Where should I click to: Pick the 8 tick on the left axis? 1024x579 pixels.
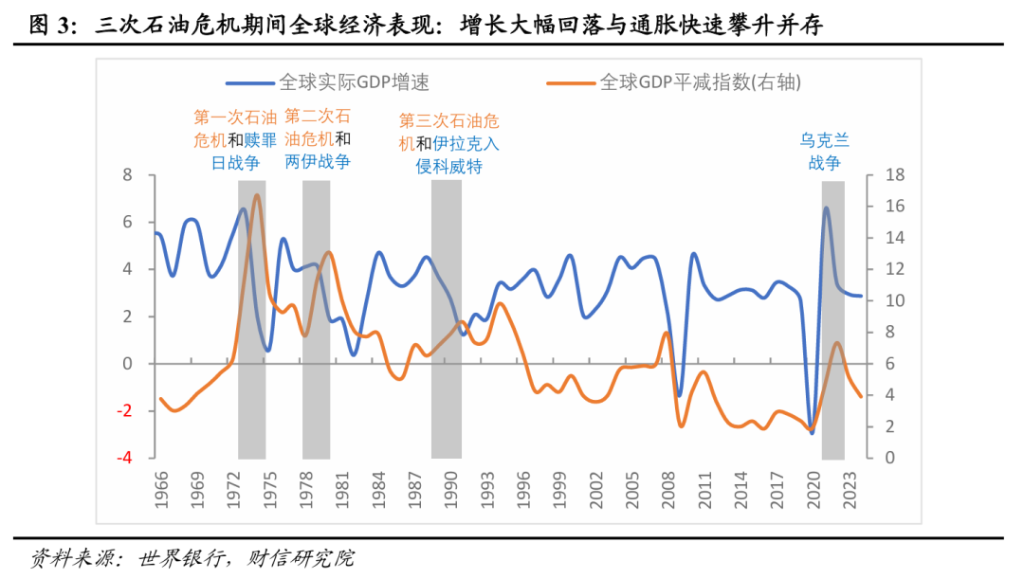(126, 175)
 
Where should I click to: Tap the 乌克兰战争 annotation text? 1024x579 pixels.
(824, 152)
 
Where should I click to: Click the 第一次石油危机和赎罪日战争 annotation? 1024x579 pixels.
(234, 139)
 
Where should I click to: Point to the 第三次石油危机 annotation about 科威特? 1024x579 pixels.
(448, 144)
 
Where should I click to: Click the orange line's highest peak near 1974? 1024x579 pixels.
(257, 194)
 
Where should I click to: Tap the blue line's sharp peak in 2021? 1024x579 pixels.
(826, 208)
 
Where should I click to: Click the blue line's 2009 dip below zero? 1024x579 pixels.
(679, 394)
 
